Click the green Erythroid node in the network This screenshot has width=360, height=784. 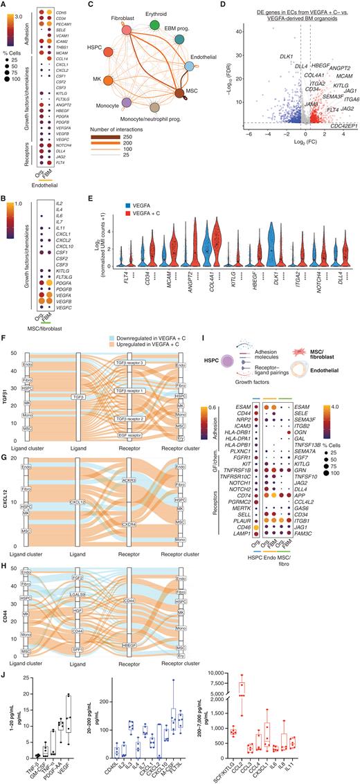click(154, 26)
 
